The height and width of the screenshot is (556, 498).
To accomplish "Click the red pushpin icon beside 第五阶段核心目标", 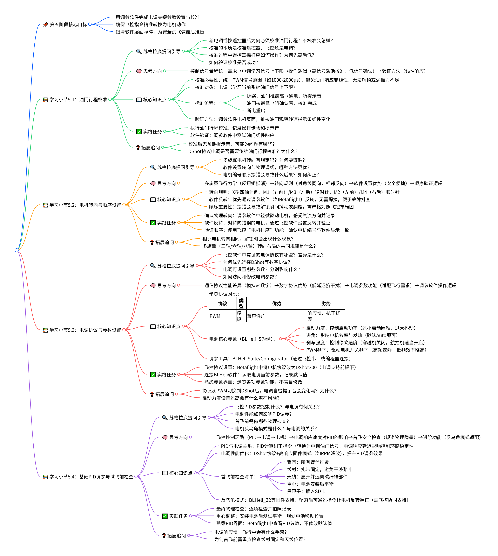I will pos(45,25).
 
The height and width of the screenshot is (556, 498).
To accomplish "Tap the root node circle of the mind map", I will pos(17,250).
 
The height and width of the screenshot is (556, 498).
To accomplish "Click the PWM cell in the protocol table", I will pos(215,316).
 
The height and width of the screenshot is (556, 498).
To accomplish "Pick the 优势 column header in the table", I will pos(277,303).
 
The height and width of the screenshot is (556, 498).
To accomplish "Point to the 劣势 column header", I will pos(326,303).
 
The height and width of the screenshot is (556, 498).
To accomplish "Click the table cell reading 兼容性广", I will pos(256,316).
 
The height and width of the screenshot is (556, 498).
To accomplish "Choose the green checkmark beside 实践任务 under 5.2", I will pos(153,223).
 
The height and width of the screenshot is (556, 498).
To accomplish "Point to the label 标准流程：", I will pos(205,103).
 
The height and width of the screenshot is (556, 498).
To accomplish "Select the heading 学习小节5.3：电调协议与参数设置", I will pos(85,330).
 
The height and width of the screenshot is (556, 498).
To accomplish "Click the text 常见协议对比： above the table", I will pos(224,294).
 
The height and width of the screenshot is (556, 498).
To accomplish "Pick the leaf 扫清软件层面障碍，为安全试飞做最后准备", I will pos(160,32).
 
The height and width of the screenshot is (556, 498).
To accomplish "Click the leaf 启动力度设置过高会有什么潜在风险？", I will pos(241,398).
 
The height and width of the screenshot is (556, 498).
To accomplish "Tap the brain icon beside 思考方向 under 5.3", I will pos(153,285).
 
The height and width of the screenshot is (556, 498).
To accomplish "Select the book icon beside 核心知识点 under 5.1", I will pos(139,100).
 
